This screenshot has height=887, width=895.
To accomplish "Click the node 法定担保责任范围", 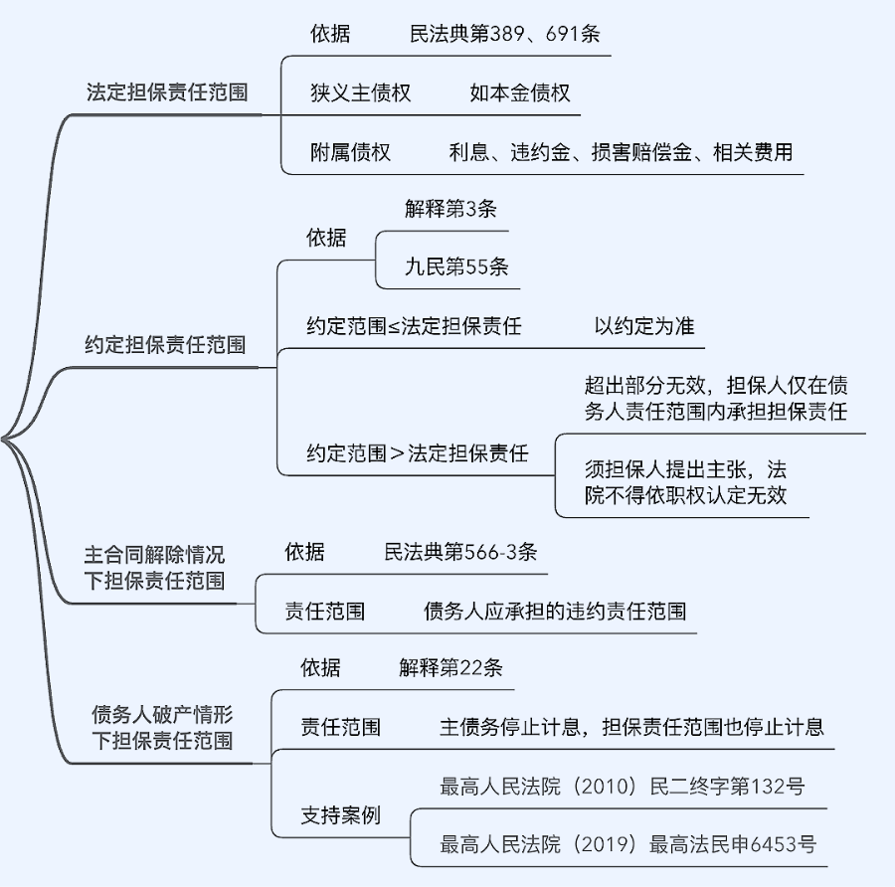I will (x=167, y=92).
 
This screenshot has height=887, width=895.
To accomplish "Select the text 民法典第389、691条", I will (x=504, y=33).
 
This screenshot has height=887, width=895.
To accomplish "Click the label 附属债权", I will (x=350, y=152).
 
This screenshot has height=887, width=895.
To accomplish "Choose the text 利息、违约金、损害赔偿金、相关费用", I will (x=621, y=152).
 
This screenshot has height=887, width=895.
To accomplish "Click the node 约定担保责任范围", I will (x=165, y=345).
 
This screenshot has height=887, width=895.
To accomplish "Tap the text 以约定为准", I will (x=643, y=325).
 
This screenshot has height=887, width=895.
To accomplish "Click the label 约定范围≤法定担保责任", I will (x=414, y=325).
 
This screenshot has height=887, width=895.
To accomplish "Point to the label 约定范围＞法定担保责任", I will (x=417, y=453).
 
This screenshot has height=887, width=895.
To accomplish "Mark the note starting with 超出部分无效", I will (x=715, y=398).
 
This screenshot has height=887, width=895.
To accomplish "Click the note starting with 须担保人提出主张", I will (x=686, y=481).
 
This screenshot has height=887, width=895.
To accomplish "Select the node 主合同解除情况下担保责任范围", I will (x=154, y=568).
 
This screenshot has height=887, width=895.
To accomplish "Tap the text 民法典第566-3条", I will (x=460, y=552).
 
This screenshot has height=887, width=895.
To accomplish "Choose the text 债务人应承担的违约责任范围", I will (x=555, y=611).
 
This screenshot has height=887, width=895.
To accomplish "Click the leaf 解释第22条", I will (x=450, y=667).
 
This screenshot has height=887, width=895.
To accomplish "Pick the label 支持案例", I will (x=340, y=815).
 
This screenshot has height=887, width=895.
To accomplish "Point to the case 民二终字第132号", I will (x=622, y=787).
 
